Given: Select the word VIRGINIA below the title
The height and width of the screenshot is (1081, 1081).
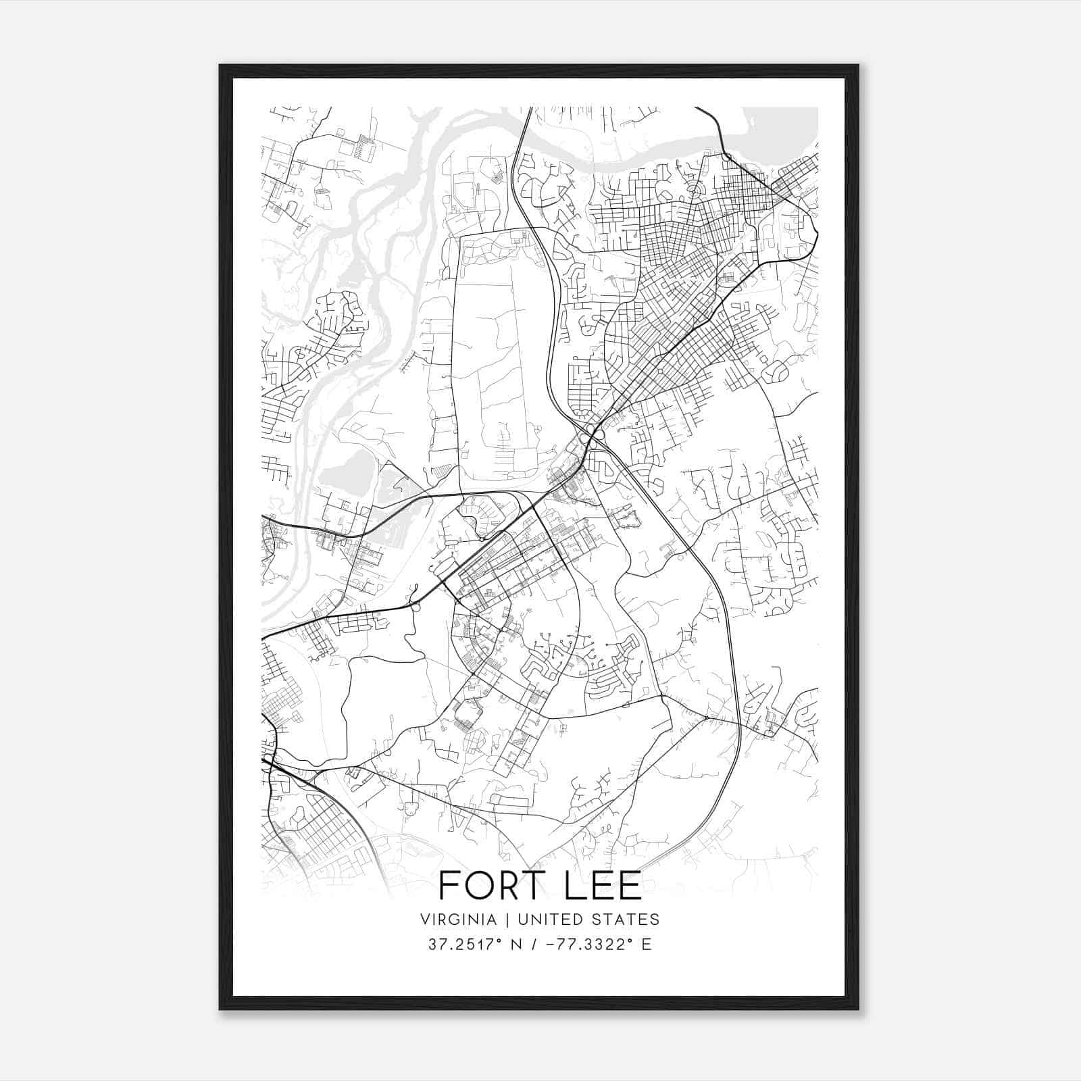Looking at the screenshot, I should click(x=458, y=920).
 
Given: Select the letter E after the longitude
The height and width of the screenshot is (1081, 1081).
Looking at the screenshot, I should click(x=647, y=945).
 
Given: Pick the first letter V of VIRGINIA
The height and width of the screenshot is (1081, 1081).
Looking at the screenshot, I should click(x=424, y=920).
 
